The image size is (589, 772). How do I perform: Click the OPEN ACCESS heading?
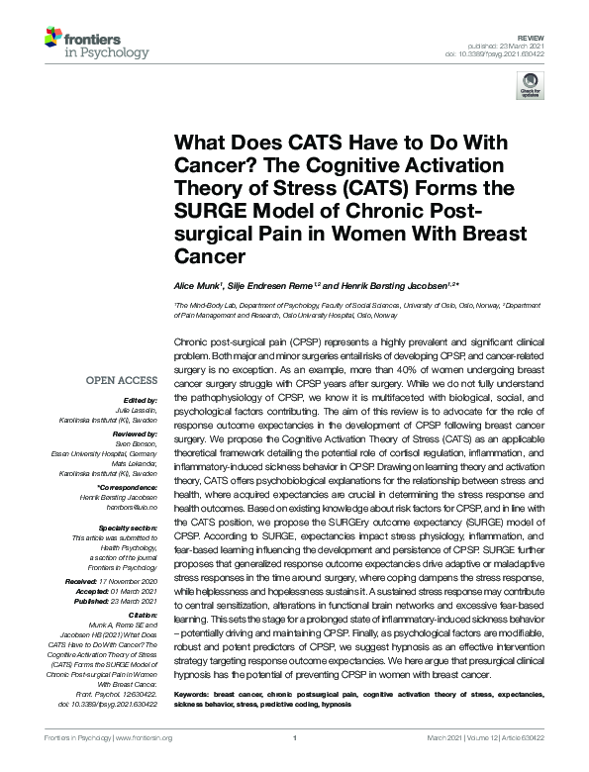[121, 380]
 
